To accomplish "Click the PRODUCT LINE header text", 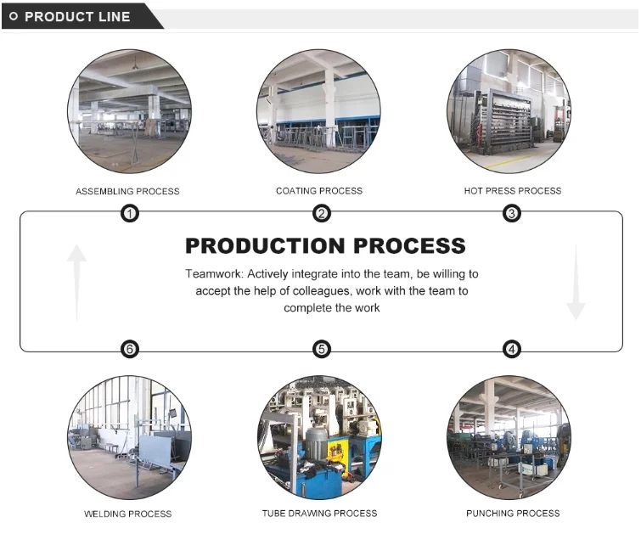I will [x=77, y=16].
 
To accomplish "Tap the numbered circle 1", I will [x=130, y=213].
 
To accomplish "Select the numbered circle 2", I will [x=321, y=213].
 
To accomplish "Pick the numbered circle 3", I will [x=512, y=213].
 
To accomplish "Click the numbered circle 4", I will [x=512, y=349].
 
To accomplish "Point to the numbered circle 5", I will [x=321, y=349].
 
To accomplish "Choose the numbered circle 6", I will [x=130, y=349].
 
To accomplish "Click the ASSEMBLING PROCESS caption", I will [x=127, y=191].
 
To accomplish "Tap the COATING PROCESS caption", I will [x=319, y=191].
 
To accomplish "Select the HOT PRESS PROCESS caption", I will [x=513, y=191].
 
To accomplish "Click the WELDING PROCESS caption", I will [x=127, y=514].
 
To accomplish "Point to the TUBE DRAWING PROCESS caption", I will [x=319, y=514].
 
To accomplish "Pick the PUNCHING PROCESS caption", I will [x=513, y=514].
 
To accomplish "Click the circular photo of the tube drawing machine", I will [x=319, y=437].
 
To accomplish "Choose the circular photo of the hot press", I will [x=509, y=111].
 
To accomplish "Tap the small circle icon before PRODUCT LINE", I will [x=13, y=16].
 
